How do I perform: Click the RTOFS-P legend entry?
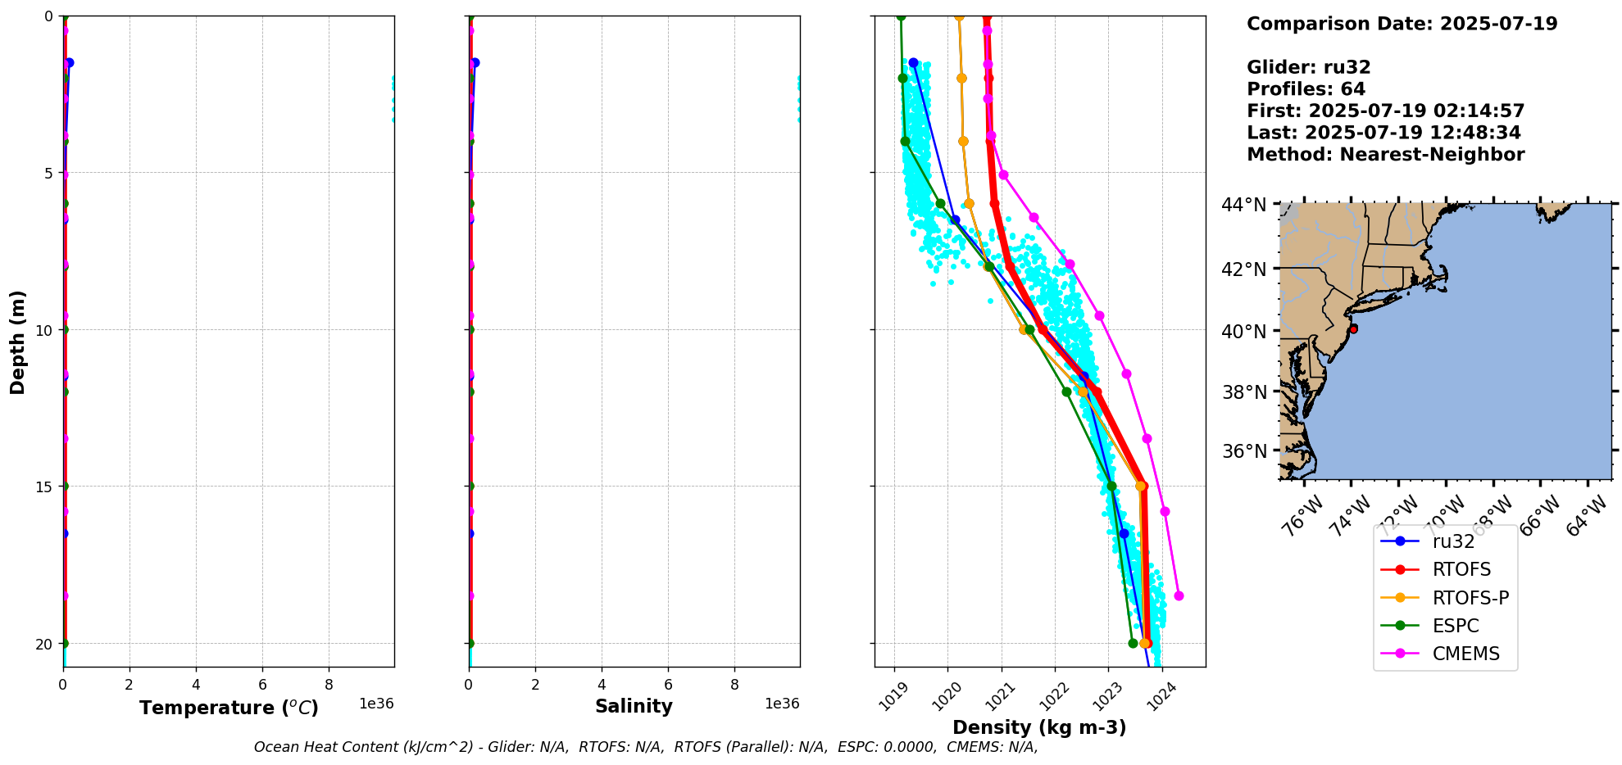coord(1470,598)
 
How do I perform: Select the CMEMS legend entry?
coord(1465,654)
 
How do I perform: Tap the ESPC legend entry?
coord(1456,626)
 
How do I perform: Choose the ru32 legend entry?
coord(1453,541)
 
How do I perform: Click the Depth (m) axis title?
coord(18,342)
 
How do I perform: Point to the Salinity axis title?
coord(634,707)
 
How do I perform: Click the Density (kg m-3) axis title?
coord(1039,727)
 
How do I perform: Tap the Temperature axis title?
coord(229,708)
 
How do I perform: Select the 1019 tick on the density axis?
coord(896,696)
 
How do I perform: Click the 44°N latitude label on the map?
coord(1244,205)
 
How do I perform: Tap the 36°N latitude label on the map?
coord(1244,451)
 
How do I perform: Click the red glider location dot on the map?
coord(1353,328)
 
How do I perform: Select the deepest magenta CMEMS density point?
coord(1179,595)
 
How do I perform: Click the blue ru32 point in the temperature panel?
coord(70,62)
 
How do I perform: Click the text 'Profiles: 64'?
coord(1306,89)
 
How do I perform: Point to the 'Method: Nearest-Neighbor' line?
coord(1385,155)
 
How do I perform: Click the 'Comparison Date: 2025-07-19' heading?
coord(1402,24)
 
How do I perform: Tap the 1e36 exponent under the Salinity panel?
coord(782,704)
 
